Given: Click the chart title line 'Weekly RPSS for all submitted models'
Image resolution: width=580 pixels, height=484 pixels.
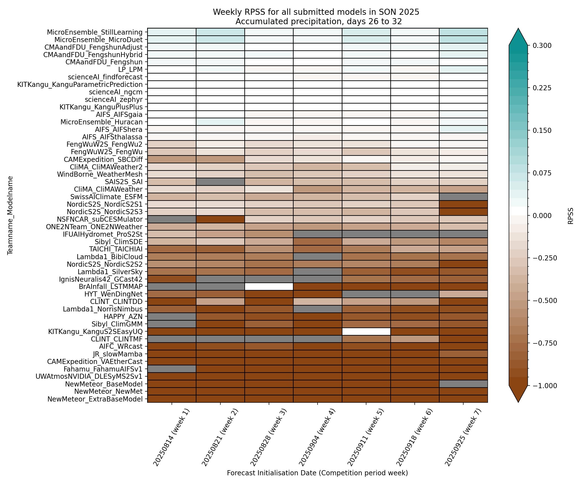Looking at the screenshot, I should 316,12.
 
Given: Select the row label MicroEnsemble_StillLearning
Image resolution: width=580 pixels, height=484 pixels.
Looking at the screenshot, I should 95,32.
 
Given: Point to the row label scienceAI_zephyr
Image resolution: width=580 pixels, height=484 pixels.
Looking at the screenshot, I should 114,99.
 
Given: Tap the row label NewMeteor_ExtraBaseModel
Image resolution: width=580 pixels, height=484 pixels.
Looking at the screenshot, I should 95,399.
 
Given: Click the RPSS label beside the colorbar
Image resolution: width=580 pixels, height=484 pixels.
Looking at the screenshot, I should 571,216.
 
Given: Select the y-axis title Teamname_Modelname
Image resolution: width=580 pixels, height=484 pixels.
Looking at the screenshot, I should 10,215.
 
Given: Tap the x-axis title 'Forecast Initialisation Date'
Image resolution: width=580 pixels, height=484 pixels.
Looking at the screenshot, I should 317,473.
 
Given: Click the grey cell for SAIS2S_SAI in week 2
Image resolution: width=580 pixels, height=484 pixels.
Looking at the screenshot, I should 220,182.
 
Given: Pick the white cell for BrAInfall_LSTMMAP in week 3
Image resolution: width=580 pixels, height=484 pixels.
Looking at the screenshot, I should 269,287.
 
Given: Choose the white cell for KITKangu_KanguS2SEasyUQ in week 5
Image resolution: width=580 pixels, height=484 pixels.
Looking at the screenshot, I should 366,331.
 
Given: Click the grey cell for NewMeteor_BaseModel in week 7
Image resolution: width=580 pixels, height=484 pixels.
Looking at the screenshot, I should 463,384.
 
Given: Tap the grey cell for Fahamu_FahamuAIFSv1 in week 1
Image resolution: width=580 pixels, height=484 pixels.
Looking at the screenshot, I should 172,369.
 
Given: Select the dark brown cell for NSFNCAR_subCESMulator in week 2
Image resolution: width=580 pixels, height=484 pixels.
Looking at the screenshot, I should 220,219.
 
